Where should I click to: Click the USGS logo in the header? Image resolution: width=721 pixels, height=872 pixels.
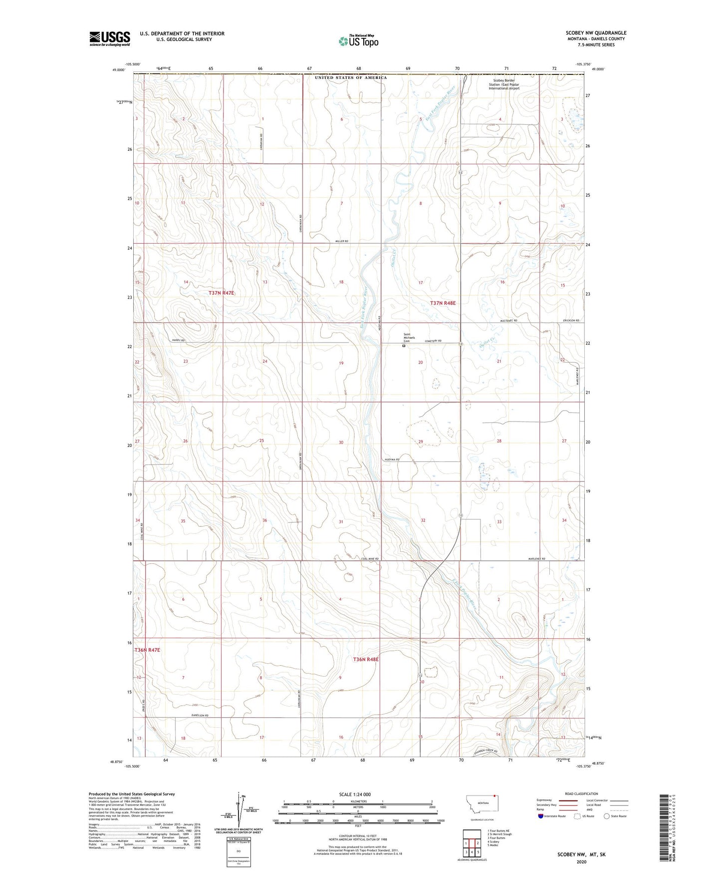pyautogui.click(x=109, y=38)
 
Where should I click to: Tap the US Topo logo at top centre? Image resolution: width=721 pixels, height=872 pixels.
pyautogui.click(x=358, y=41)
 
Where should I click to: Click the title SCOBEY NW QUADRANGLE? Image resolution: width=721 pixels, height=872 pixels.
pyautogui.click(x=596, y=33)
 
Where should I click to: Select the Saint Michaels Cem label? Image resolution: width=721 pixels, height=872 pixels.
pyautogui.click(x=409, y=338)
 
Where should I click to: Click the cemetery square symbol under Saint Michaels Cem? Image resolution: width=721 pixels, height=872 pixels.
pyautogui.click(x=404, y=345)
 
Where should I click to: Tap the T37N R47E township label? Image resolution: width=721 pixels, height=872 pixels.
pyautogui.click(x=221, y=293)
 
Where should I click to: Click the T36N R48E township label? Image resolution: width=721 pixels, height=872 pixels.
pyautogui.click(x=366, y=660)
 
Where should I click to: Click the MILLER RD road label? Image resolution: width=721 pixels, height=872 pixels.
pyautogui.click(x=341, y=241)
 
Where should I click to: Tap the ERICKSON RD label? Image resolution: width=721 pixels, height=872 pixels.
pyautogui.click(x=571, y=320)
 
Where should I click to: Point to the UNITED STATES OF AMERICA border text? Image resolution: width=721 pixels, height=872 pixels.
pyautogui.click(x=351, y=78)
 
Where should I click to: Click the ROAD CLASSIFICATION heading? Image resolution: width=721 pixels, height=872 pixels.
pyautogui.click(x=581, y=794)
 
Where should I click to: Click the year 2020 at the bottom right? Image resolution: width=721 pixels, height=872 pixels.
pyautogui.click(x=581, y=862)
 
